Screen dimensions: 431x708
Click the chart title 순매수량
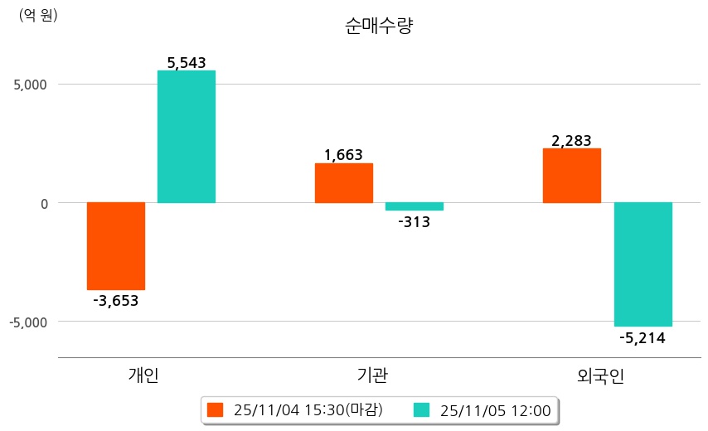pos(378,26)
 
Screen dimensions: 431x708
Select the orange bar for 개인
pos(116,245)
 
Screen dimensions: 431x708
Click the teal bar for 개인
pos(187,137)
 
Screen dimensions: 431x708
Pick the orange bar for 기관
pos(344,182)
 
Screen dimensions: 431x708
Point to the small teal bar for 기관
pos(415,206)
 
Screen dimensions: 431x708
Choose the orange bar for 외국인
pos(572,175)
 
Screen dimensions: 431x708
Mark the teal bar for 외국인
pos(643,264)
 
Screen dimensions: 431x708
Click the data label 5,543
pos(187,62)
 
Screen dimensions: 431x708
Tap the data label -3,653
pos(116,300)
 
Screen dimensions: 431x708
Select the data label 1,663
pos(344,154)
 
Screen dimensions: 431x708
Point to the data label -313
pos(415,221)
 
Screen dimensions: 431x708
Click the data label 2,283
pos(572,140)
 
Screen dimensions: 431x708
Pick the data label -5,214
pos(643,337)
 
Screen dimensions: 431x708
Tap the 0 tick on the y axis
pos(45,203)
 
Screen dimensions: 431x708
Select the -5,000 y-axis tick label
pos(29,322)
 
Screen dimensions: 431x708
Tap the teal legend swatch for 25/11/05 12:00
pos(421,409)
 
